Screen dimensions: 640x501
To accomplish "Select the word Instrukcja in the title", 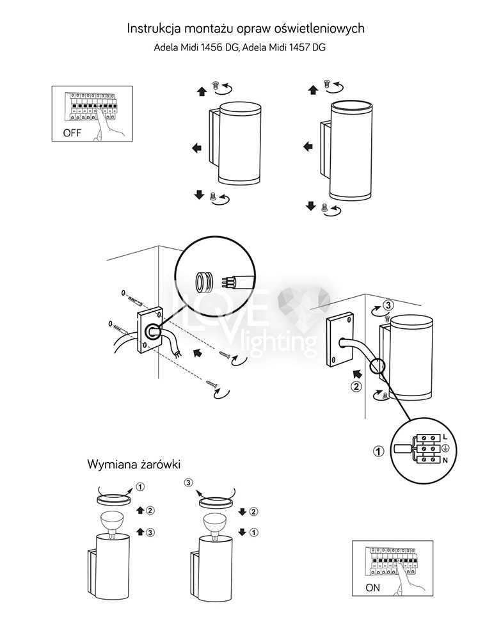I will (154, 29).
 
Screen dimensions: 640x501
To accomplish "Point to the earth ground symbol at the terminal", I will (445, 448).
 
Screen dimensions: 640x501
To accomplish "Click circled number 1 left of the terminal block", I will (379, 451).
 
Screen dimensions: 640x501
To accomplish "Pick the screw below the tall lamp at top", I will (324, 207).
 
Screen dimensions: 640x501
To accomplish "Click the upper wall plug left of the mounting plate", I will (134, 298).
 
